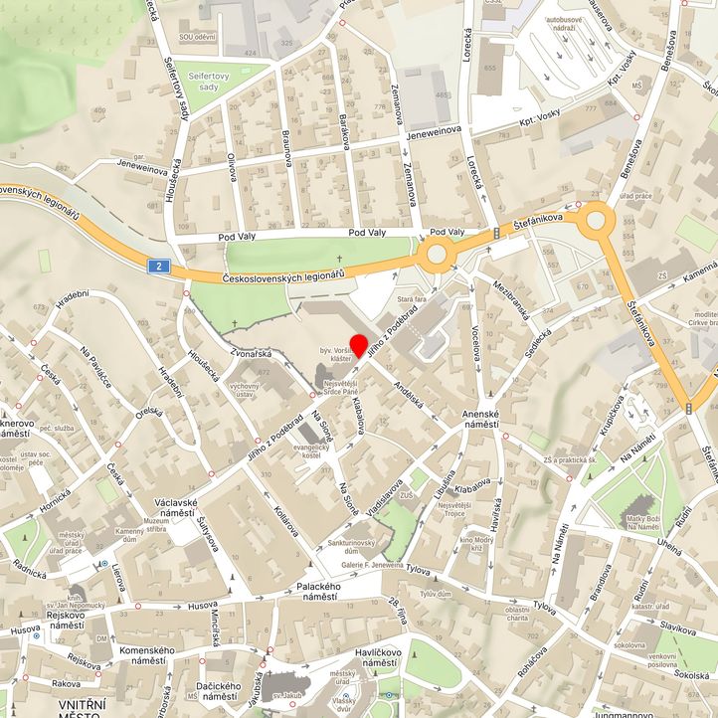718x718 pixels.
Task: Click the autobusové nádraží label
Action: click(x=567, y=25)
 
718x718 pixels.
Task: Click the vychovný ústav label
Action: click(x=245, y=390)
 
